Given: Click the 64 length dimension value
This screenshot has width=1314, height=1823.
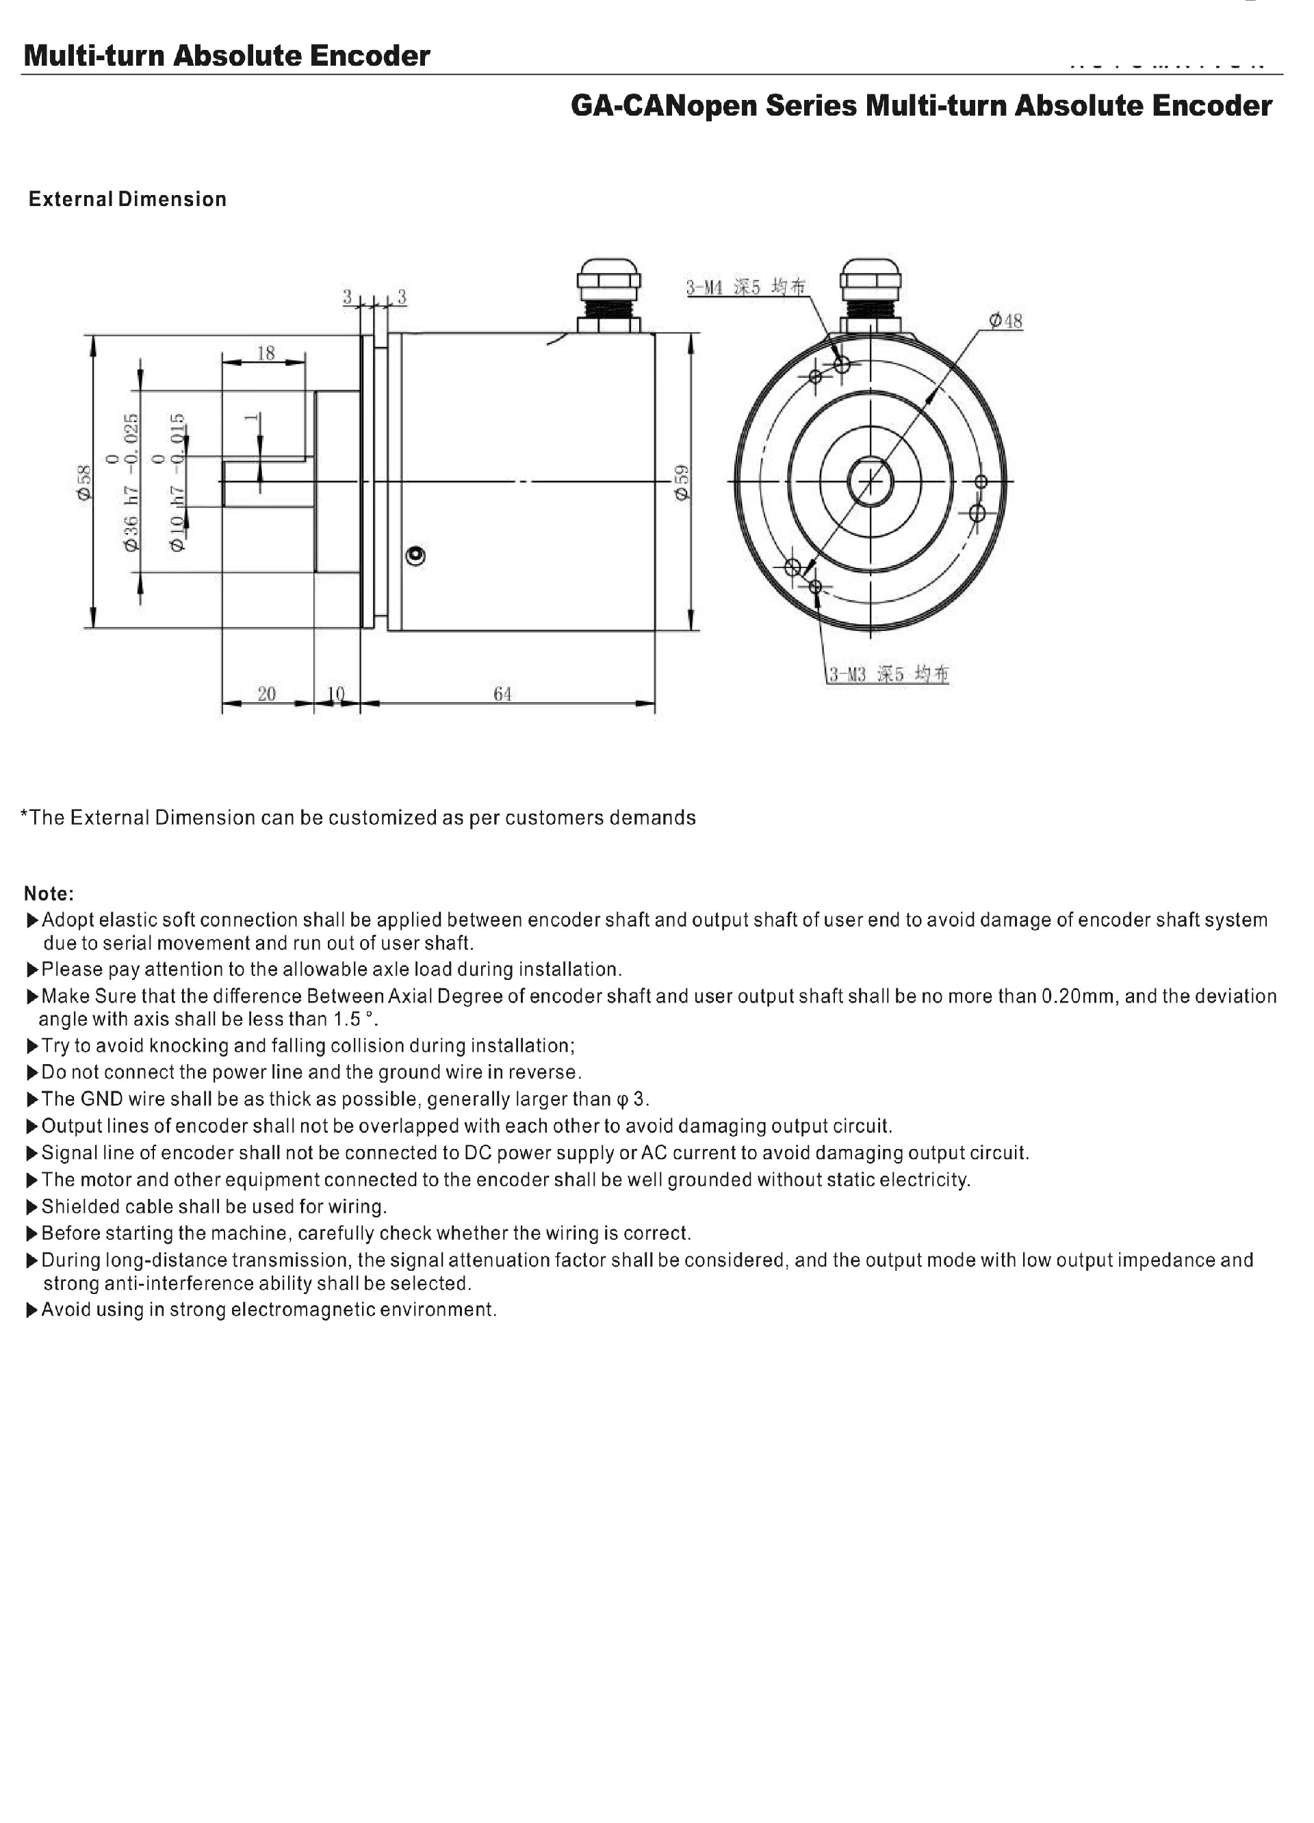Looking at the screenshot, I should point(502,694).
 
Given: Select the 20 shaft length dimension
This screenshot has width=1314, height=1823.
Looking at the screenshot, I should point(267,694).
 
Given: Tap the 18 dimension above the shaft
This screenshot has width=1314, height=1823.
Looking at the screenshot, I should point(266,353).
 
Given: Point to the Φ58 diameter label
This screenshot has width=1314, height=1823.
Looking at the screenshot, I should point(84,483).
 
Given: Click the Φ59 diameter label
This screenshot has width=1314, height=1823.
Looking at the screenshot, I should point(682,483).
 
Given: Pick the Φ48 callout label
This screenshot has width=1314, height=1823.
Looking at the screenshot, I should point(1005,322).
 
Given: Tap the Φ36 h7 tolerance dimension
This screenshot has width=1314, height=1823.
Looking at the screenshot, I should point(131,482).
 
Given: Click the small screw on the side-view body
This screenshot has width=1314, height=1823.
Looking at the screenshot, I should point(415,556).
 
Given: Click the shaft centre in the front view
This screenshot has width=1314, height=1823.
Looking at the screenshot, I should point(871,482).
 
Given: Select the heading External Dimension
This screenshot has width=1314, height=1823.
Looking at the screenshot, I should point(127,199).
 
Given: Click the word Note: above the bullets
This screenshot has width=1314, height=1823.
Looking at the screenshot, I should point(49,894).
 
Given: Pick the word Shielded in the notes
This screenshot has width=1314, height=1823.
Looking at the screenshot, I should point(78,1206).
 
